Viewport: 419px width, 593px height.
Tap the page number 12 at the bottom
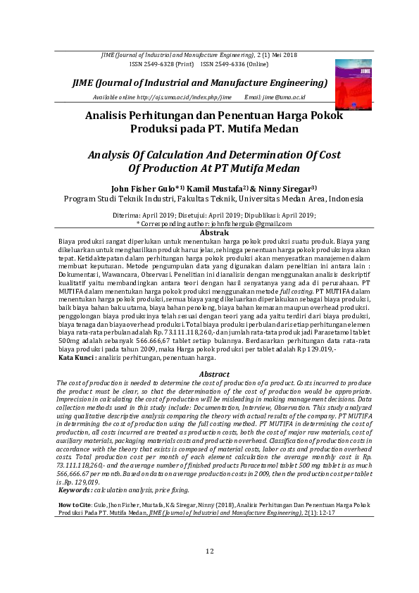pos(209,550)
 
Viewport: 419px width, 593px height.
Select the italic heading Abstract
pos(215,374)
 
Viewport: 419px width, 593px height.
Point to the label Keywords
pos(75,470)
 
